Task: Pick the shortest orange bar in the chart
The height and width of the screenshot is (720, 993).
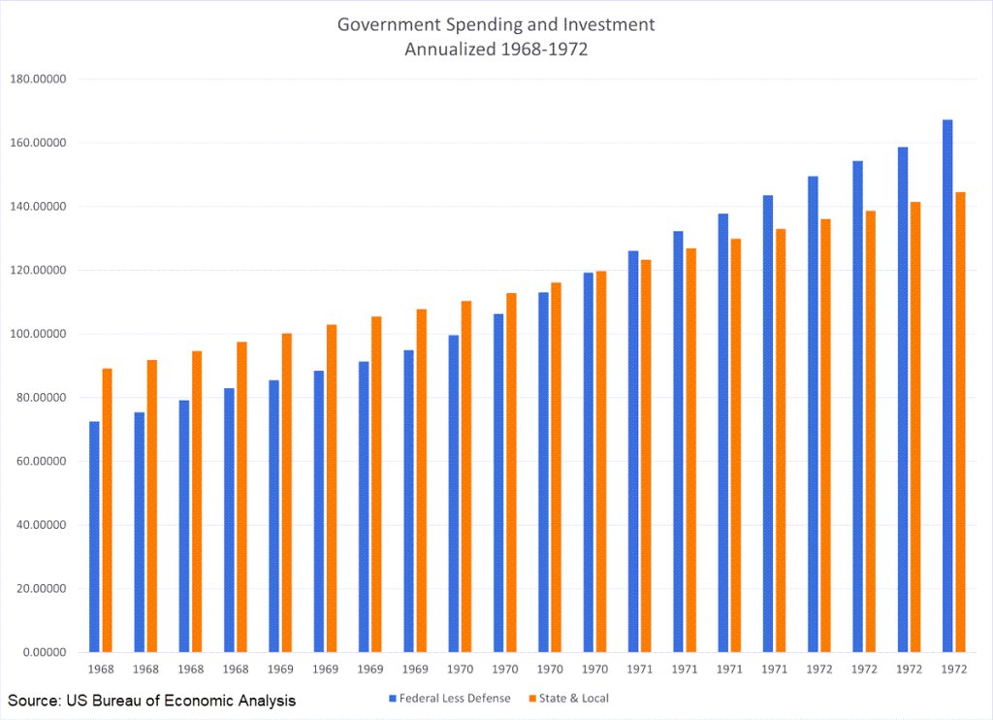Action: tap(107, 509)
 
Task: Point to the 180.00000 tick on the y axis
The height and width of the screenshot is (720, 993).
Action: tap(37, 80)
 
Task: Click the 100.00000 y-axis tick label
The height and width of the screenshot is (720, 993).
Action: tap(37, 334)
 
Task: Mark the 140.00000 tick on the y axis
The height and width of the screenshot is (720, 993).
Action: tap(37, 207)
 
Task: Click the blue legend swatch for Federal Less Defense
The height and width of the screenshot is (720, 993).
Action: tap(393, 698)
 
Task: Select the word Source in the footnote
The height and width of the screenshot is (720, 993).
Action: tap(33, 700)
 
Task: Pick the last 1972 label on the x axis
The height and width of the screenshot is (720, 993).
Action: tap(953, 670)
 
